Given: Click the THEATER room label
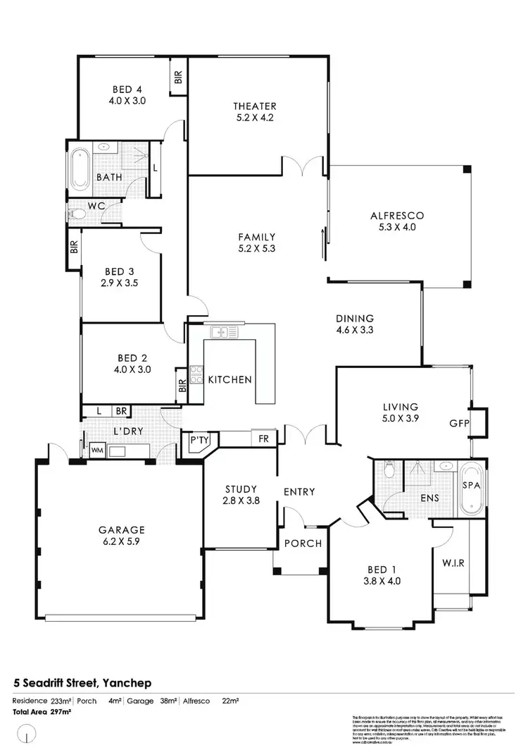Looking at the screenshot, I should (255, 106).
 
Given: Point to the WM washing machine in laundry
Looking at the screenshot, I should (94, 449).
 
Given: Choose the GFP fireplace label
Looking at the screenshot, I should (458, 424).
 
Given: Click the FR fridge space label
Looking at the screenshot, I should (264, 438).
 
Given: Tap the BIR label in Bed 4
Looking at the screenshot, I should (178, 77).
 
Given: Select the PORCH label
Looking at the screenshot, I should (303, 544).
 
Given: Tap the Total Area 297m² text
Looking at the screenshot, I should (42, 712).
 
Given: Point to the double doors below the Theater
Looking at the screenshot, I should (304, 167).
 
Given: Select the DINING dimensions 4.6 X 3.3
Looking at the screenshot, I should (355, 329).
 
